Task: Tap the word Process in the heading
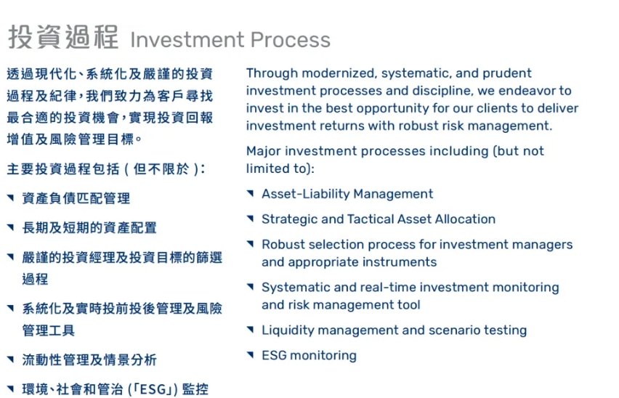[x=291, y=39]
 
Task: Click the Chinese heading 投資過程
[x=63, y=37]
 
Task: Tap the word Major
[x=263, y=151]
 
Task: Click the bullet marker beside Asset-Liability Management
[x=250, y=193]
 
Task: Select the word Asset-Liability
[x=306, y=194]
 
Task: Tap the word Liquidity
[x=288, y=330]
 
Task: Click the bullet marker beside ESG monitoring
[x=250, y=355]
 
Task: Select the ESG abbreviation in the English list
[x=275, y=355]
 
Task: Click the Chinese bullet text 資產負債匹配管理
[x=76, y=198]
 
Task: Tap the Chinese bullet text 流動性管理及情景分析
[x=89, y=360]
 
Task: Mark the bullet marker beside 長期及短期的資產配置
[x=11, y=227]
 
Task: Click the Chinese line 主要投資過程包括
[x=63, y=169]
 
